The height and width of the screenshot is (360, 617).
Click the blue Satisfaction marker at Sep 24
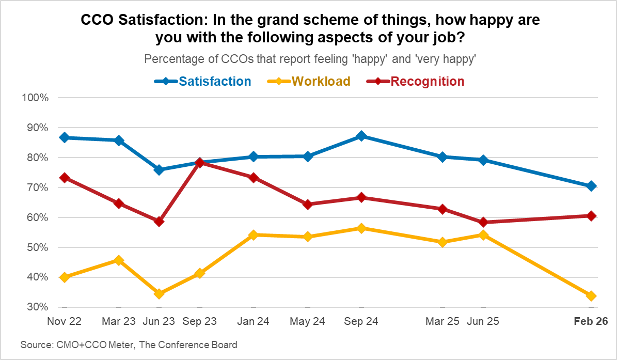click(x=361, y=136)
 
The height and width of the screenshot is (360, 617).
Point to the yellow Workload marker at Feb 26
click(x=592, y=296)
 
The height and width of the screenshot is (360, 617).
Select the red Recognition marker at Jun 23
click(x=159, y=222)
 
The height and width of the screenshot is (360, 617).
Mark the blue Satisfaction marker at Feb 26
click(x=592, y=186)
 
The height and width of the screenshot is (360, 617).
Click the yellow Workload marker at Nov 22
click(x=65, y=277)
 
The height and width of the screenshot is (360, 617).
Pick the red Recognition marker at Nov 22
click(x=65, y=178)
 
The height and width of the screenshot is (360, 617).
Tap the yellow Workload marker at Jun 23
click(x=159, y=293)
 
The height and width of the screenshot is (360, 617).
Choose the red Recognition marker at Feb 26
click(x=592, y=216)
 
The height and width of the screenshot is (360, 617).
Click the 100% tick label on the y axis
click(x=35, y=98)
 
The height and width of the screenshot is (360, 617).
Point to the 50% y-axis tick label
click(x=37, y=247)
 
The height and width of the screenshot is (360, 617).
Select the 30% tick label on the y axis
click(x=37, y=307)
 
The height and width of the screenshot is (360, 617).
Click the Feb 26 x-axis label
click(x=592, y=321)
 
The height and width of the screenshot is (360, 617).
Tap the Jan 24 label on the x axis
click(x=253, y=321)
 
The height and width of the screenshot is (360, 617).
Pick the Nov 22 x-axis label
click(x=65, y=321)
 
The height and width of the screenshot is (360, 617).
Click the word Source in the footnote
click(x=34, y=345)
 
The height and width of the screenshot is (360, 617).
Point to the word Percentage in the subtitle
click(x=170, y=59)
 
